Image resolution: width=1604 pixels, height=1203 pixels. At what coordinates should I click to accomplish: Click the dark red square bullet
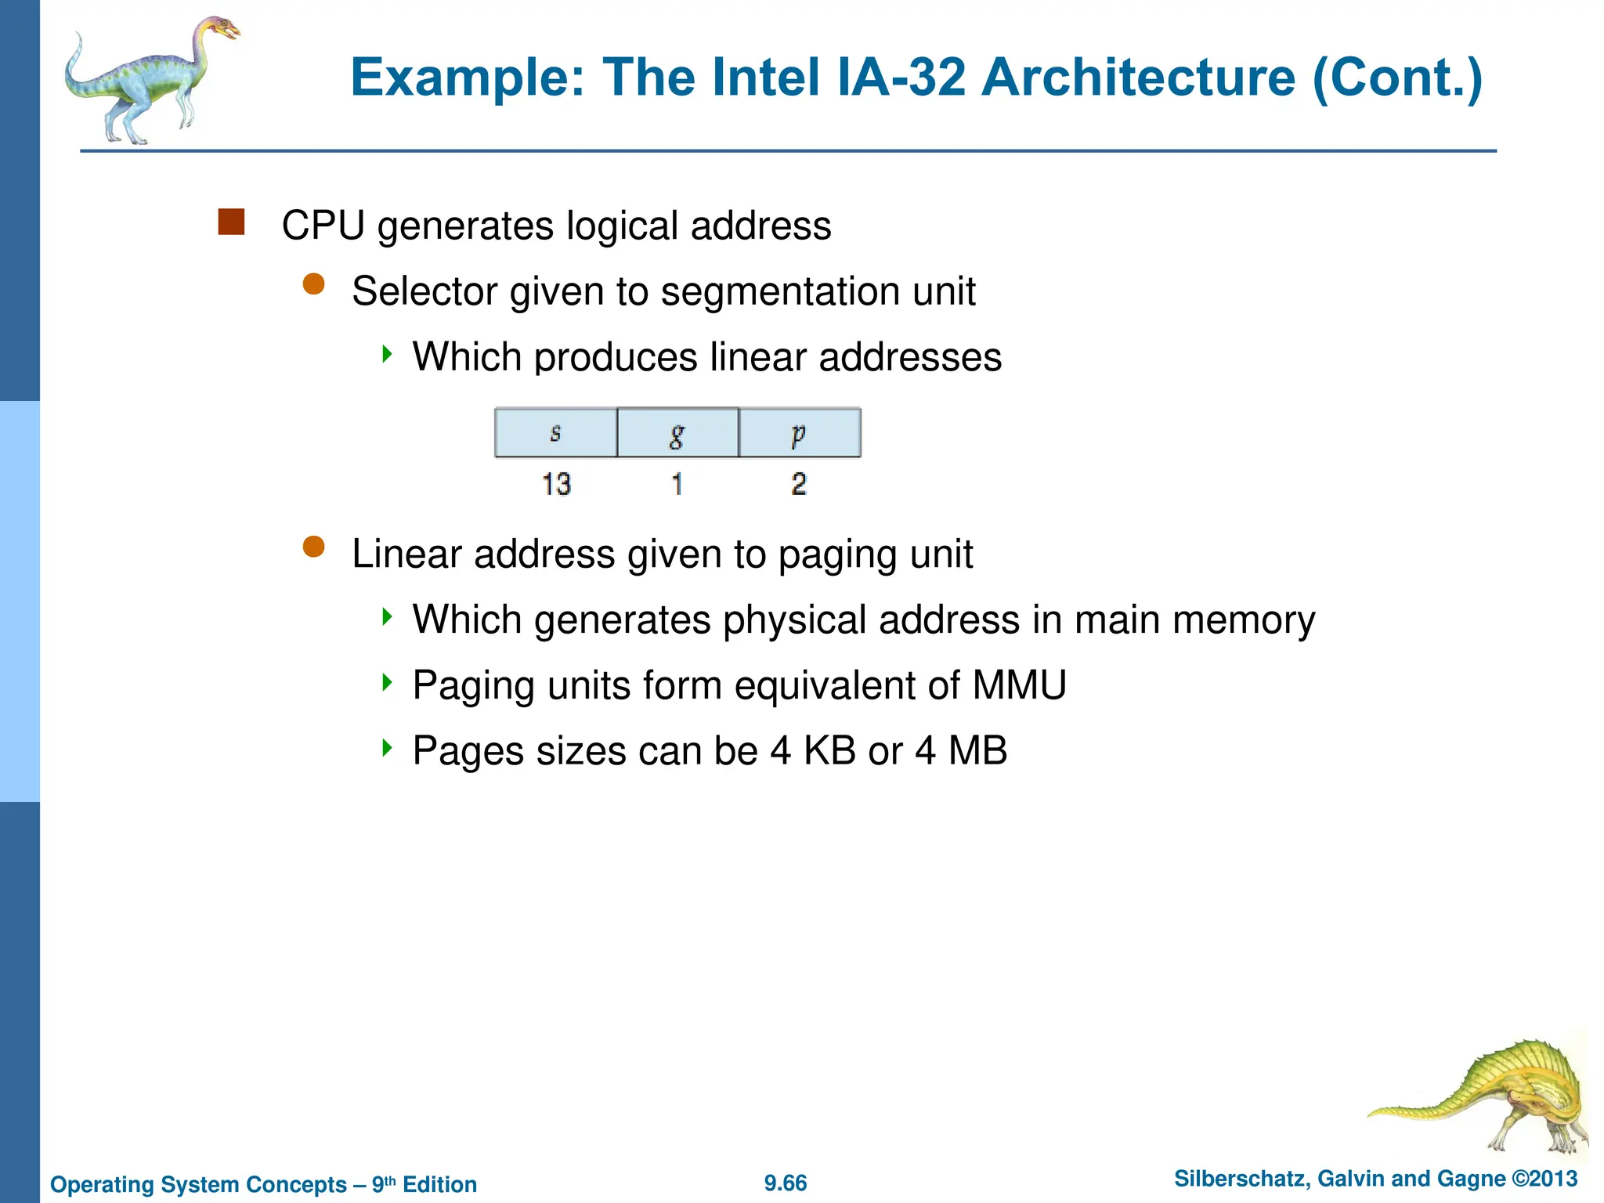point(231,222)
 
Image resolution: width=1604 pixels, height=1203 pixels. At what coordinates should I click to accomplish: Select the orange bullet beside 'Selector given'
point(314,284)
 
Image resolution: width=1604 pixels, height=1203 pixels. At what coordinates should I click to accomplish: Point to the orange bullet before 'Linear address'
point(314,547)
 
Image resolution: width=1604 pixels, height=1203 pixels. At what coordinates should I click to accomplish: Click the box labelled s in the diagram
point(556,432)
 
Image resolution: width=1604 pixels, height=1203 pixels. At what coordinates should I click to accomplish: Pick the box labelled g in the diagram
point(677,432)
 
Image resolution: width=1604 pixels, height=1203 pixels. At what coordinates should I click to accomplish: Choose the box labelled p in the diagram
point(799,432)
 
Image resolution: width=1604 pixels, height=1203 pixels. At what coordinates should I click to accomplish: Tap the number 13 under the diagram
point(556,484)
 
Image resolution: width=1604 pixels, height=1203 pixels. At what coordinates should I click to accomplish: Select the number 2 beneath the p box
point(799,484)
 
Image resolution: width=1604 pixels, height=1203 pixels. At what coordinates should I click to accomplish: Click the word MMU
point(1019,685)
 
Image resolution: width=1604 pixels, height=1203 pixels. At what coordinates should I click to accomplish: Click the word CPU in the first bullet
point(323,226)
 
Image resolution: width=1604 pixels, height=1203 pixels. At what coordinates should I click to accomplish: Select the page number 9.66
point(786,1183)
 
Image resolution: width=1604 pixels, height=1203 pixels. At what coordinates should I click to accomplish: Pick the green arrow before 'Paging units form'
point(387,682)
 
